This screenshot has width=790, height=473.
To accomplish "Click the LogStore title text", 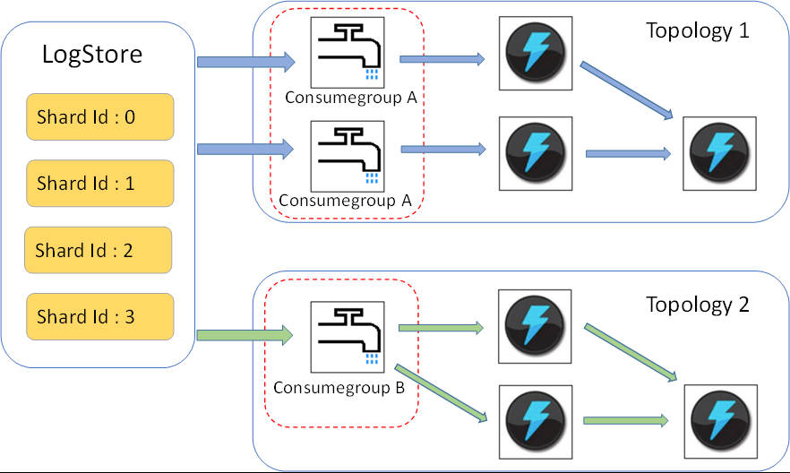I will (x=92, y=56).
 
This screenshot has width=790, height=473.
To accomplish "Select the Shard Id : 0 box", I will (x=99, y=116).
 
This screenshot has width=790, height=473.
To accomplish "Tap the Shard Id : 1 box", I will (x=99, y=184).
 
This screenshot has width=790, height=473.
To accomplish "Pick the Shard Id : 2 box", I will (x=98, y=250).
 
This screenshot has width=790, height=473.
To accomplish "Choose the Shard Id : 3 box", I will (x=99, y=316).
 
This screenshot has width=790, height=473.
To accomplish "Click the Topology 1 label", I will (x=697, y=30).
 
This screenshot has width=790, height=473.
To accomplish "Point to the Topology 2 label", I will (x=697, y=305).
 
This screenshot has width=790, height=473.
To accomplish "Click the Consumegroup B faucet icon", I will (x=347, y=337).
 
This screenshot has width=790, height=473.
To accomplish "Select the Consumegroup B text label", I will (x=339, y=388).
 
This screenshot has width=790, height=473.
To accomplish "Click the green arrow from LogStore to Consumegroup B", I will (x=245, y=336).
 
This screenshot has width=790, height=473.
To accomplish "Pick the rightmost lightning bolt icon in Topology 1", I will (x=719, y=152).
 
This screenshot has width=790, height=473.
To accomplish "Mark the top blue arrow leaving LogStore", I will (x=245, y=62).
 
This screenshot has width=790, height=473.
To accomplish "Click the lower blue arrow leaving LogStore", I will (x=245, y=150).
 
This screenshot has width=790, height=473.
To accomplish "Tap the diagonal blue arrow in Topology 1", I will (x=626, y=90).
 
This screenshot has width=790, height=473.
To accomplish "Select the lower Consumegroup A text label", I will (x=345, y=201).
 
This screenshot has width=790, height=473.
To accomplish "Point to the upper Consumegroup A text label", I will (x=351, y=97).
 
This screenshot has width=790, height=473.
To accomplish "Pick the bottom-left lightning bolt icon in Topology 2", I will (x=534, y=418).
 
